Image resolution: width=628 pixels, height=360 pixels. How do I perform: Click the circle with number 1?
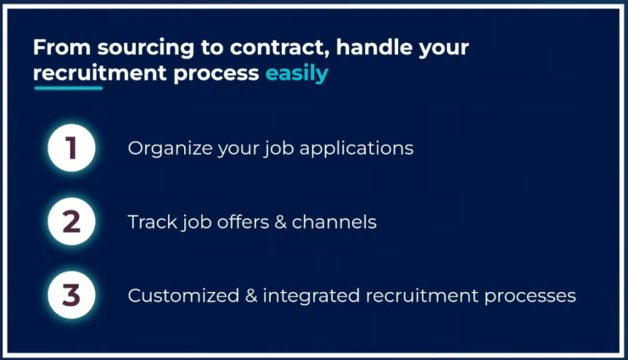coord(71,148)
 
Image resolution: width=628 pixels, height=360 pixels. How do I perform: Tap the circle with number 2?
coord(71,222)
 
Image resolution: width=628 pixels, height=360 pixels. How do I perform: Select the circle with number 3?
coord(71,295)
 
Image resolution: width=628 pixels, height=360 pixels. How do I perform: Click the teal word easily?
coord(297,74)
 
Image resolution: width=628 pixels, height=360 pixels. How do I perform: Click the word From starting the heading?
coord(62,47)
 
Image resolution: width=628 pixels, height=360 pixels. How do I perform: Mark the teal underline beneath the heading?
coord(69,87)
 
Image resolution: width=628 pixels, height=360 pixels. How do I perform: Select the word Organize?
coord(171,149)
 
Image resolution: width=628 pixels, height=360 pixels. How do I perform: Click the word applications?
coord(356,149)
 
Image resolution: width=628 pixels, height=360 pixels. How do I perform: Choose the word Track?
coord(152,222)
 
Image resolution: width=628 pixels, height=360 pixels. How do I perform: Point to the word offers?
coord(243,222)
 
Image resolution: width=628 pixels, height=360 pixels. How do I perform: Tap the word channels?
coord(334,222)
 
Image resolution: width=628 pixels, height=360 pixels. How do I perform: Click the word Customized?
coord(183,295)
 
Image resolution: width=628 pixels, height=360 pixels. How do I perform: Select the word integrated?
coord(311,296)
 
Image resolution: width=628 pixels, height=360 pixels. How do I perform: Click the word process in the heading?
coord(216,74)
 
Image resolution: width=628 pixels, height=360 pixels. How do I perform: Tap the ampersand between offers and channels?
coord(280,222)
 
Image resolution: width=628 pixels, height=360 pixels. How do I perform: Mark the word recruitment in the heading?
coord(100,73)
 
